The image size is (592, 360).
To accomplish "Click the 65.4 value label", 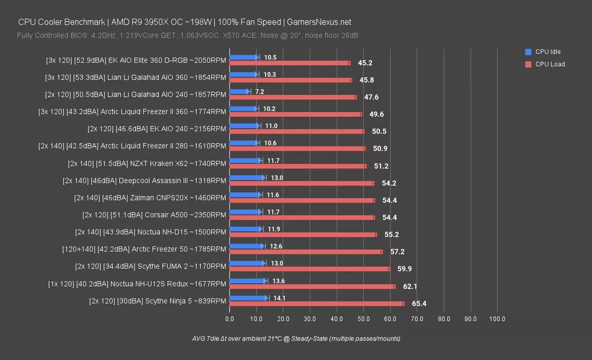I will coord(419,304).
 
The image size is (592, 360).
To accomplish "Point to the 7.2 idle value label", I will coord(260,92).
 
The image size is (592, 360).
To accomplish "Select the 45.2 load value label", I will coord(365,63).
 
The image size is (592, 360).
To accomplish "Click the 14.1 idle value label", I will coord(279,298).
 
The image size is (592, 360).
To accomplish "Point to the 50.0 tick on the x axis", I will coord(364,319).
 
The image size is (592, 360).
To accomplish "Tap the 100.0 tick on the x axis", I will coord(497,319).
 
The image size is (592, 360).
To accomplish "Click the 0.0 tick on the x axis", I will coord(230,319).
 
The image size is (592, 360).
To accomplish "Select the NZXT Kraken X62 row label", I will coord(147,163).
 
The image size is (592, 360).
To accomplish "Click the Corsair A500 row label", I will coord(154,215).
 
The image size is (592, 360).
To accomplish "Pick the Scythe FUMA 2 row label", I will coord(150,266).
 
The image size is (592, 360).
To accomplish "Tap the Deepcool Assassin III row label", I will coord(144,180).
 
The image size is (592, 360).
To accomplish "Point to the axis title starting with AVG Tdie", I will coord(296,338).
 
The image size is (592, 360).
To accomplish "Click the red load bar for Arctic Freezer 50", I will coord(306,252).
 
